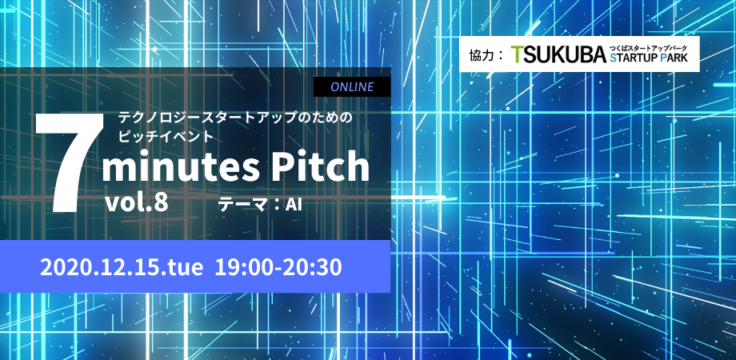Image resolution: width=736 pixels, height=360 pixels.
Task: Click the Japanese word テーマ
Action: [x=242, y=205]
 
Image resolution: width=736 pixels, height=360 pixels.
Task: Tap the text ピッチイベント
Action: [x=166, y=135]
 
